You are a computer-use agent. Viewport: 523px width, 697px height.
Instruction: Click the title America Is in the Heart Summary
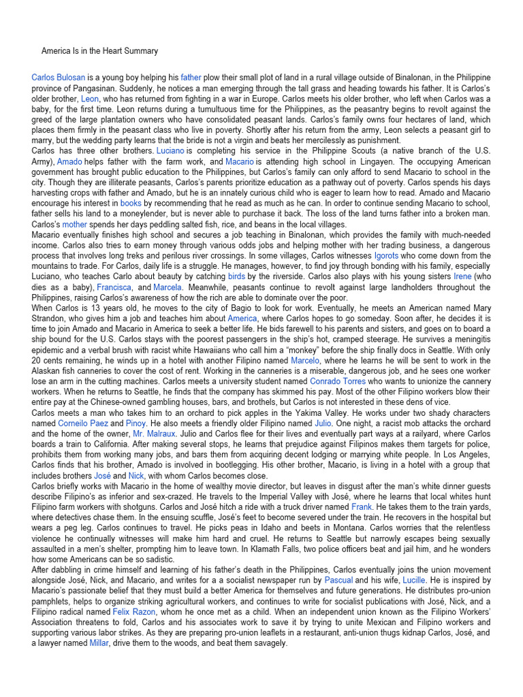click(x=99, y=51)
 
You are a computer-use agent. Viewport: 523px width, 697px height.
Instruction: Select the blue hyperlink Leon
click(x=90, y=99)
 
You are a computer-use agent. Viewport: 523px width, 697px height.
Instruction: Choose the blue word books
click(x=131, y=204)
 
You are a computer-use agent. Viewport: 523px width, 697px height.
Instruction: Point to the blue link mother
click(x=74, y=225)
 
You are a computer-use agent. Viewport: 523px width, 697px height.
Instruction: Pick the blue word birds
click(x=236, y=277)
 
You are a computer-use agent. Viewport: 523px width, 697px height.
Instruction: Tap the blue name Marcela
click(x=168, y=287)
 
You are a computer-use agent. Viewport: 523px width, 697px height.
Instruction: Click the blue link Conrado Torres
click(x=338, y=382)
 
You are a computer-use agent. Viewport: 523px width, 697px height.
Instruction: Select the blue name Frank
click(x=361, y=508)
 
